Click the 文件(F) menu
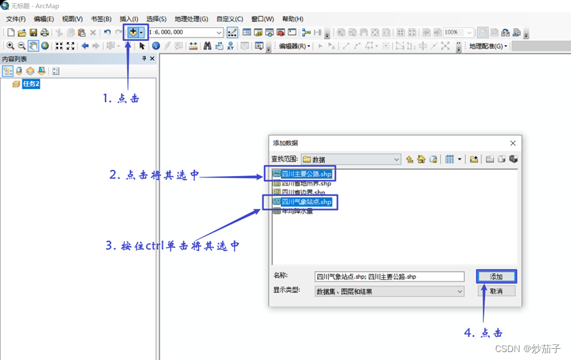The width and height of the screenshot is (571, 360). [x=15, y=19]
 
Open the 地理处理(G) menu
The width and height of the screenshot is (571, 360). [x=191, y=19]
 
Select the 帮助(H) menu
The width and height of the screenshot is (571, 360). [x=293, y=19]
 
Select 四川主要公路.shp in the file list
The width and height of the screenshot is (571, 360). [x=306, y=174]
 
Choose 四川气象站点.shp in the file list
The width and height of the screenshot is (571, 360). [x=306, y=202]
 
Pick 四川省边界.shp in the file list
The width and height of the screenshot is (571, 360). [x=303, y=193]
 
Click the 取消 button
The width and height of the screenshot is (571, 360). [x=496, y=291]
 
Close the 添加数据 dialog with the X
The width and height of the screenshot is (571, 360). [x=513, y=143]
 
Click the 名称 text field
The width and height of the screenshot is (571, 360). [x=389, y=277]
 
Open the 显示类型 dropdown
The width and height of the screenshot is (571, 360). [x=389, y=291]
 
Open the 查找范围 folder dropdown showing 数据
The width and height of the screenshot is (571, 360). [x=351, y=160]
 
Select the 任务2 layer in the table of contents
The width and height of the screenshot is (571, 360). [x=31, y=84]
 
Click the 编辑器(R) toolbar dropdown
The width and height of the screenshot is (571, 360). [x=294, y=46]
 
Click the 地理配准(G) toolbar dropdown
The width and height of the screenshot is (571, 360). [x=488, y=46]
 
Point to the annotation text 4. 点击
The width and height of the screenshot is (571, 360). [x=483, y=333]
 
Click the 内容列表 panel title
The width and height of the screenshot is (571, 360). [x=15, y=59]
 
